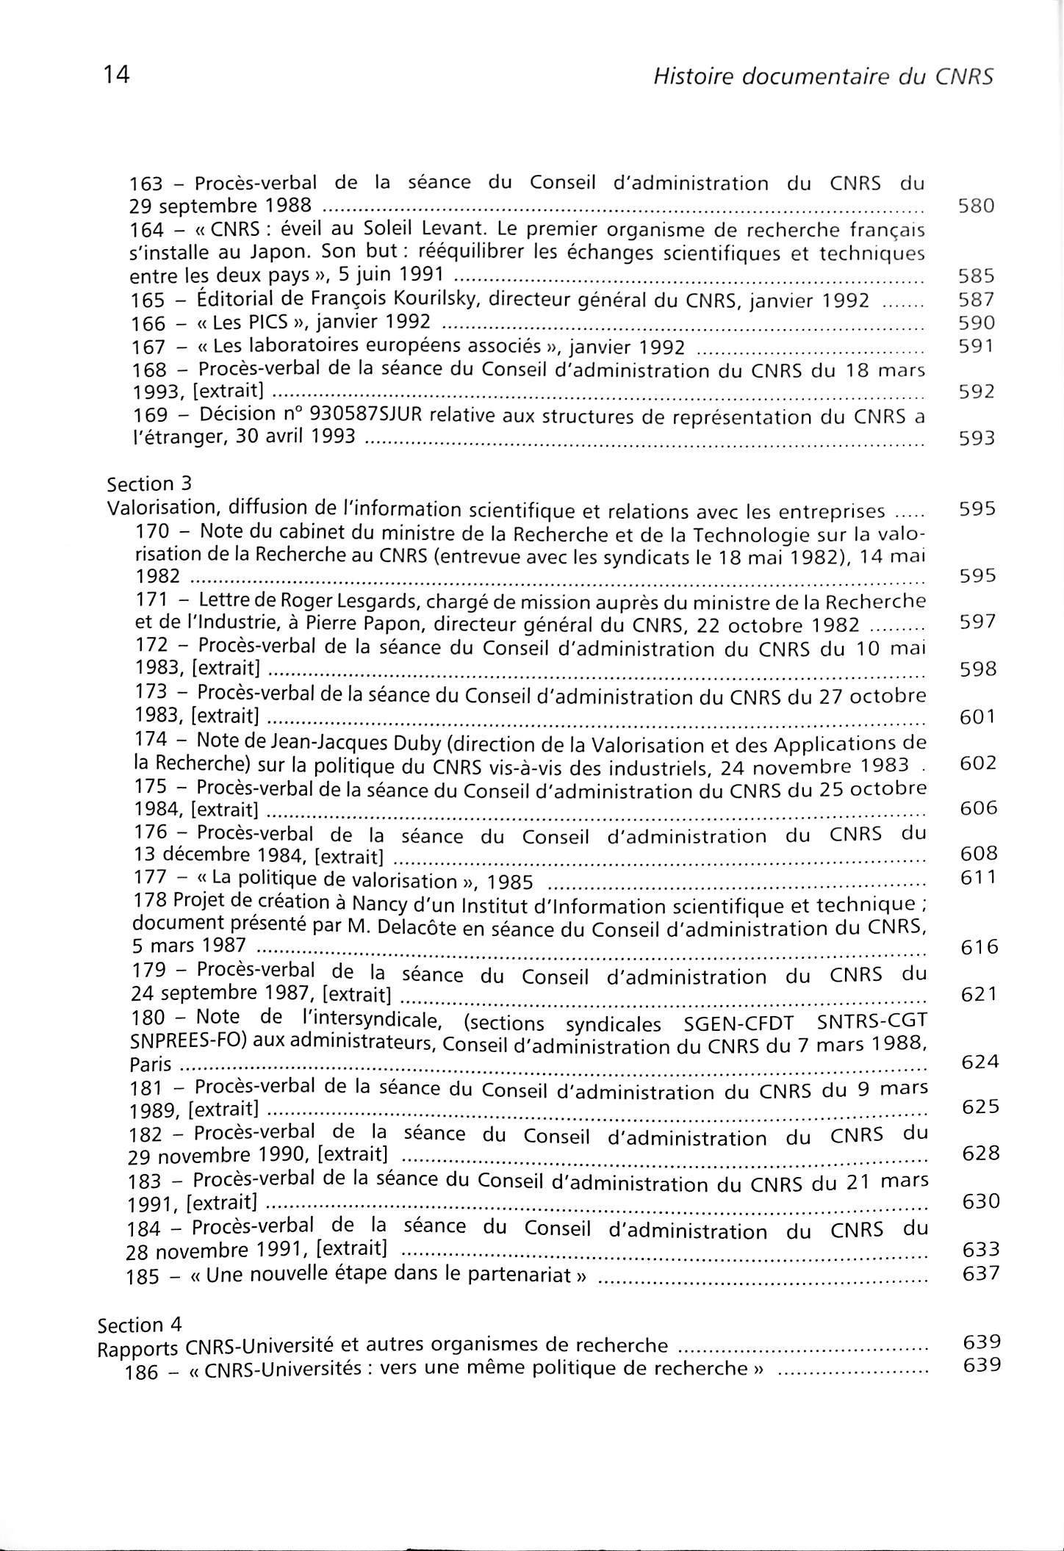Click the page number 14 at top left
click(117, 75)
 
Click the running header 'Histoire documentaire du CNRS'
click(823, 76)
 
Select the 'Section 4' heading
click(140, 1324)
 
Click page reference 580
click(977, 206)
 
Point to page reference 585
click(977, 276)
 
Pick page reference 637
click(981, 1273)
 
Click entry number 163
click(145, 184)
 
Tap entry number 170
click(153, 530)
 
